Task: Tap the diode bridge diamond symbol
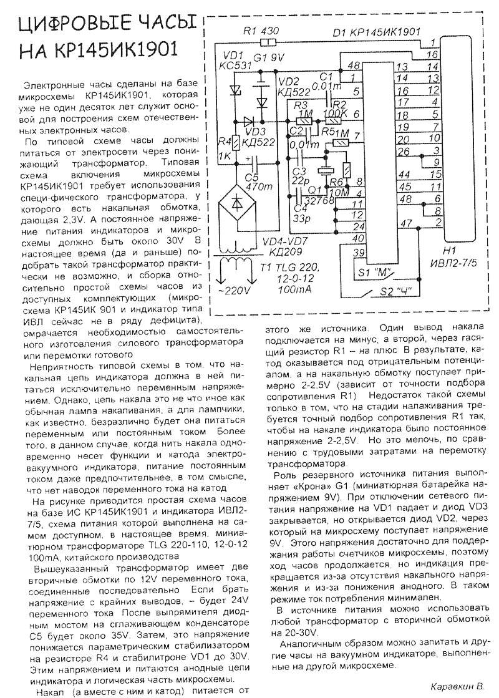pyautogui.click(x=238, y=203)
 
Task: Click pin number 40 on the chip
pyautogui.click(x=357, y=238)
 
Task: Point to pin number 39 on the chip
pyautogui.click(x=357, y=252)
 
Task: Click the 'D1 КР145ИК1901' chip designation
pyautogui.click(x=375, y=31)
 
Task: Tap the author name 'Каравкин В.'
pyautogui.click(x=457, y=686)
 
